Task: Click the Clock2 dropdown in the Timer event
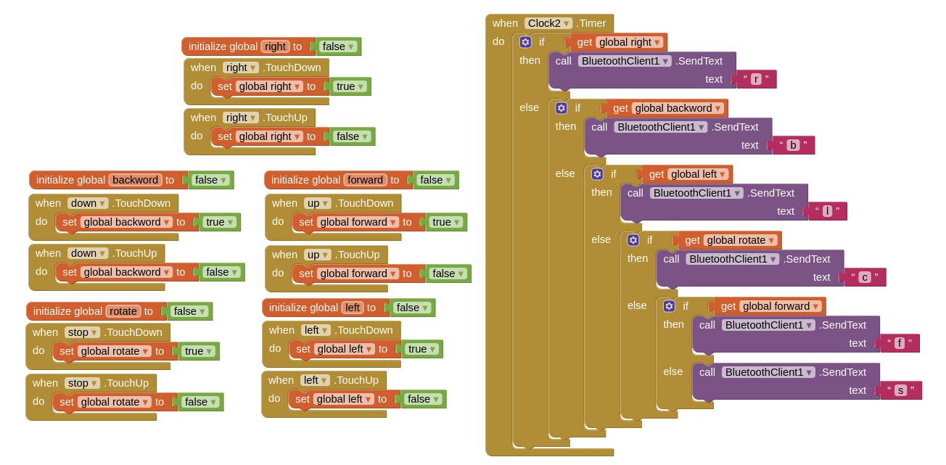[548, 23]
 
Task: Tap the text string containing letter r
[755, 79]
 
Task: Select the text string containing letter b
[793, 145]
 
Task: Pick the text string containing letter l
[827, 211]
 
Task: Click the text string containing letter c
[865, 277]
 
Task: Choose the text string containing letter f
[899, 343]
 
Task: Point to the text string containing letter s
[900, 390]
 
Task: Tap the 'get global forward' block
[770, 306]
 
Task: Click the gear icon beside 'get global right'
[525, 42]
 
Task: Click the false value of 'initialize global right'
[338, 46]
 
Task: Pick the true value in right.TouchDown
[350, 86]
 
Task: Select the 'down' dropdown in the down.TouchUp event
[88, 253]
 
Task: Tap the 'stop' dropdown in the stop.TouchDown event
[82, 332]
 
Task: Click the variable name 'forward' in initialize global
[365, 180]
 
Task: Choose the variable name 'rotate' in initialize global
[123, 311]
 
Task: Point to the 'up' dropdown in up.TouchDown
[318, 204]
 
